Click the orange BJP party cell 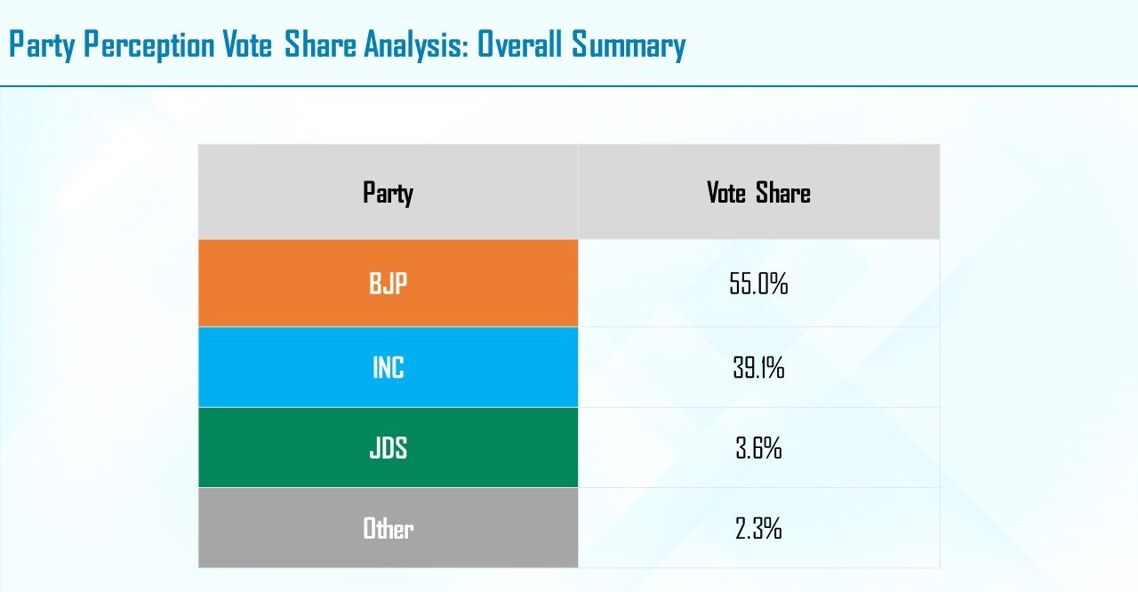tap(389, 283)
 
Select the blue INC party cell tap(389, 367)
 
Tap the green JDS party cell tap(389, 447)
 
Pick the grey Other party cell tap(389, 527)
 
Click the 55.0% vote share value tap(758, 284)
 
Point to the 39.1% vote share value tap(758, 368)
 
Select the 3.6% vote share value tap(758, 448)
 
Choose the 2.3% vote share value tap(758, 528)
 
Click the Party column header tap(389, 193)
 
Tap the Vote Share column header tap(758, 192)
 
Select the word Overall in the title tap(520, 44)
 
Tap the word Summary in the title tap(629, 45)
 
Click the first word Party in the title tap(42, 45)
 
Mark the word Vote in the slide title tap(247, 44)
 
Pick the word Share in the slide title tap(320, 44)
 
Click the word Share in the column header tap(783, 192)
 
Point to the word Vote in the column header tap(726, 192)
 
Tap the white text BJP tap(389, 283)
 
